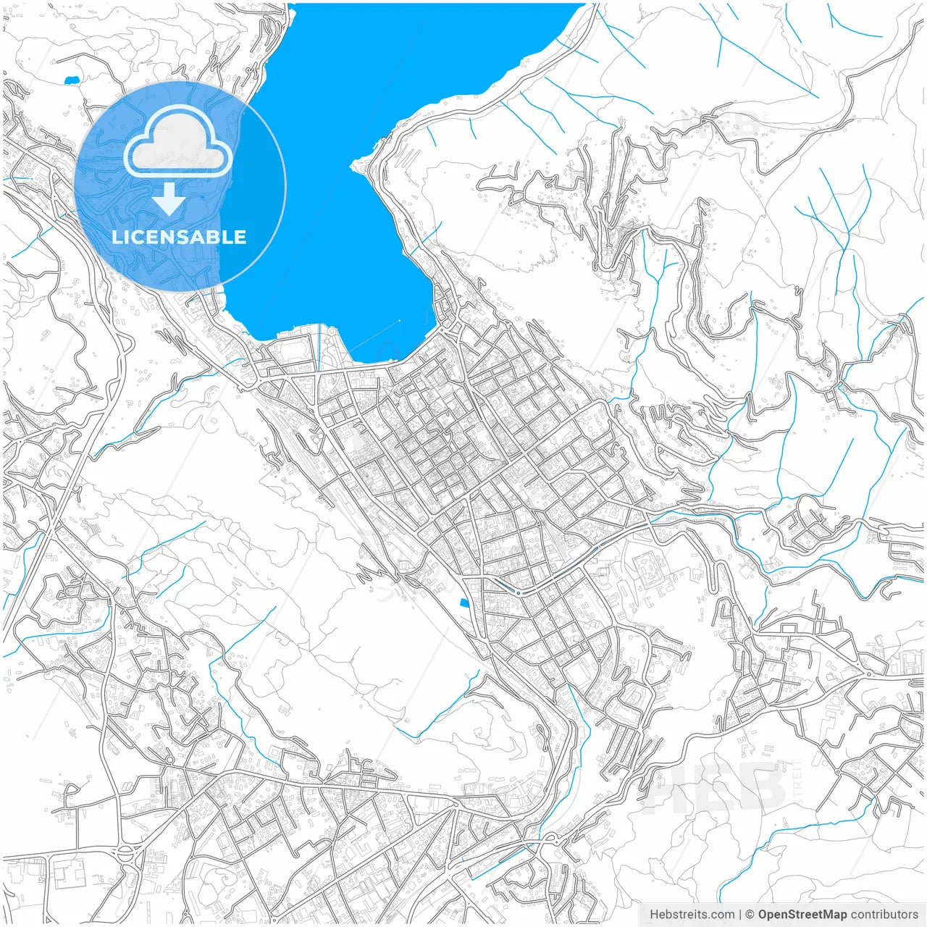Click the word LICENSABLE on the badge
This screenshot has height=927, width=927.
click(179, 237)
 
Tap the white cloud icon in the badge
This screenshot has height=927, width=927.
click(178, 141)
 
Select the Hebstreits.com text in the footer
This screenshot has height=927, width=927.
click(692, 915)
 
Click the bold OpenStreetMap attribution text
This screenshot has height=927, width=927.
click(802, 915)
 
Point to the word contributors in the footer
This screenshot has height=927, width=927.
click(884, 915)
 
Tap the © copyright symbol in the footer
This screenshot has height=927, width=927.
click(750, 915)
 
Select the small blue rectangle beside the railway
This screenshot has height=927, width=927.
click(463, 603)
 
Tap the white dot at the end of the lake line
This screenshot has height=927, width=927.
click(400, 320)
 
